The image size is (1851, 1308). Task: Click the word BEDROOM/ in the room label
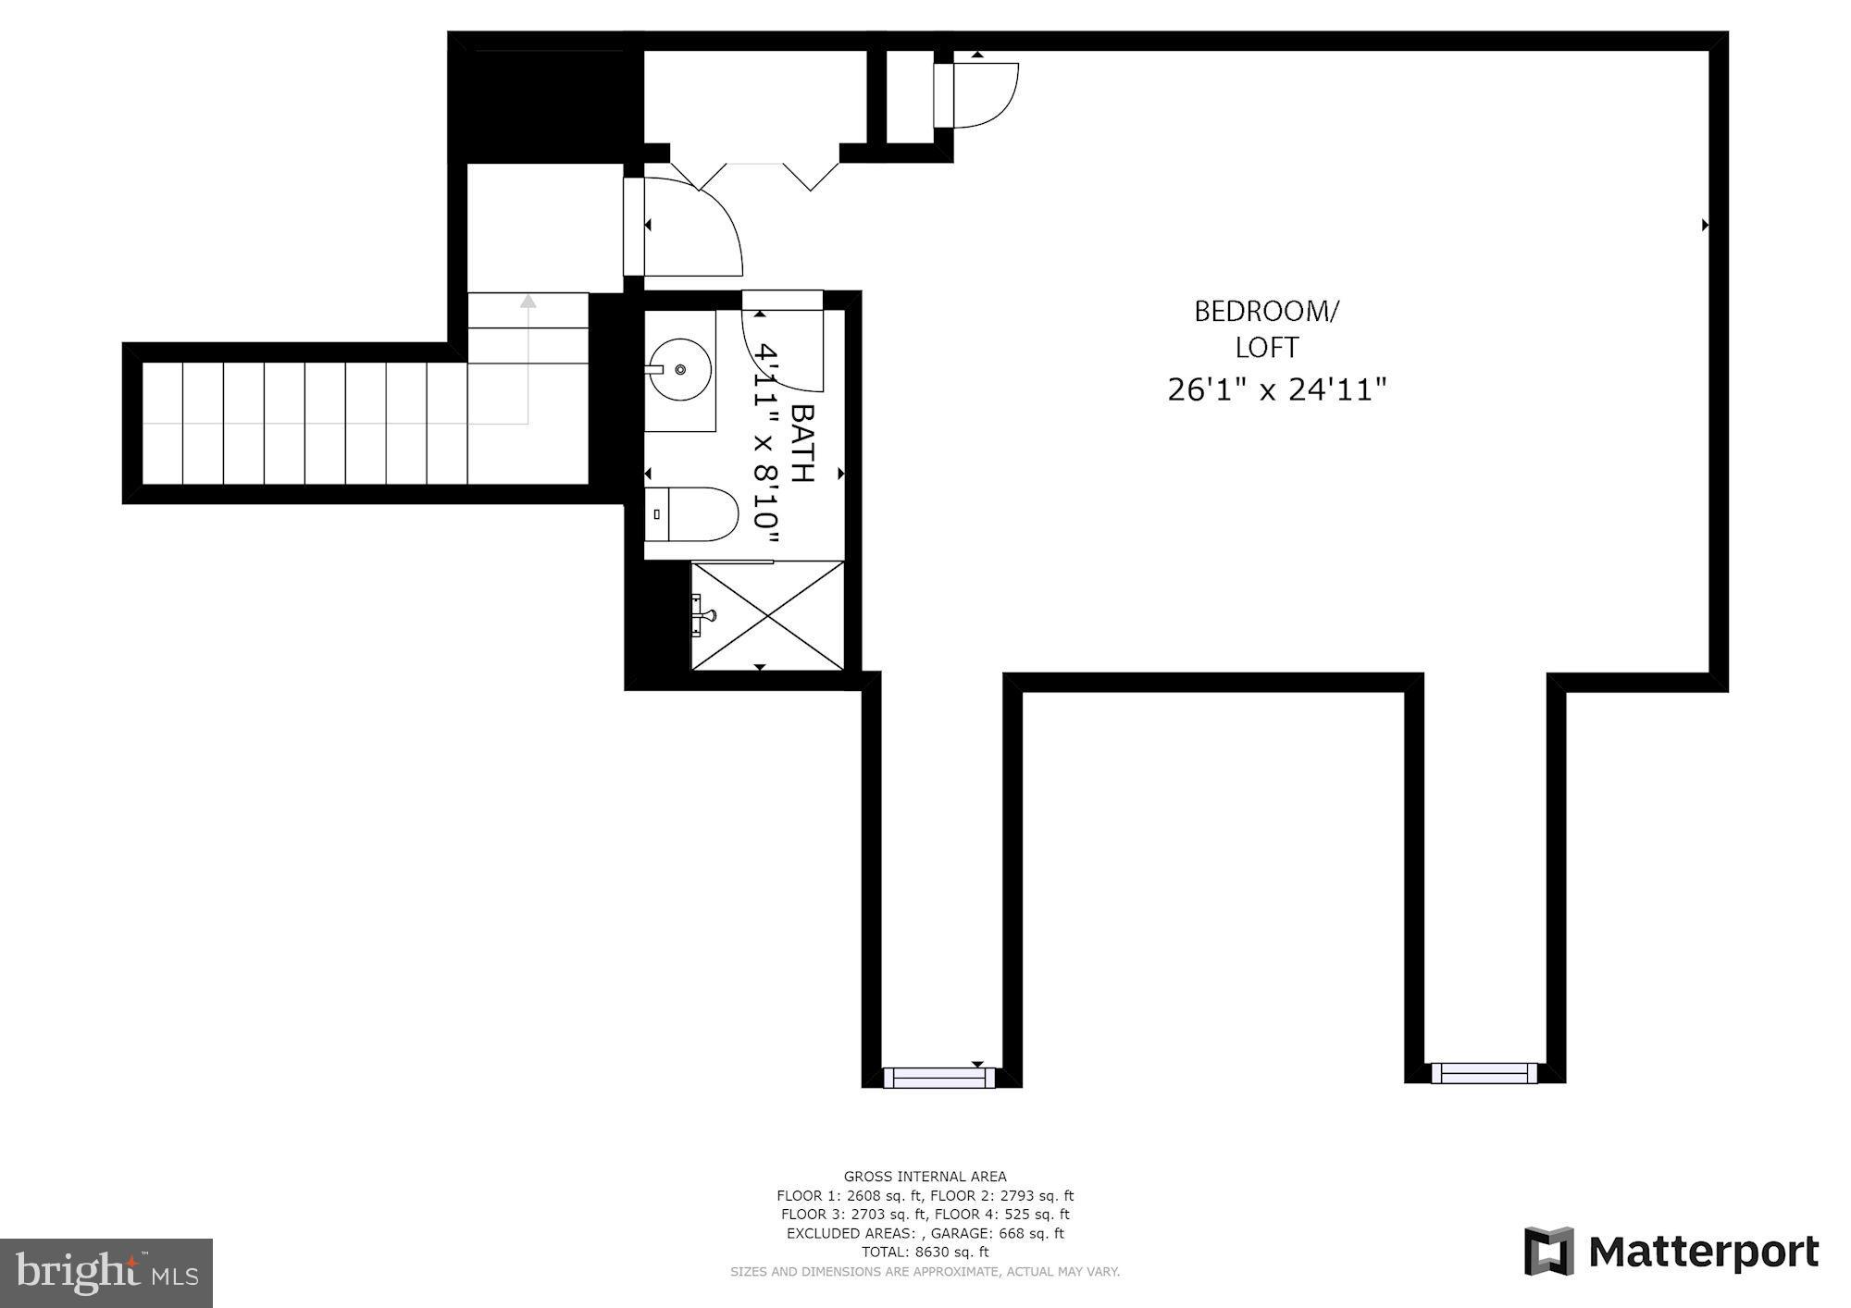1265,312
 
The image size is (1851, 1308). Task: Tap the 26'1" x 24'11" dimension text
1276,389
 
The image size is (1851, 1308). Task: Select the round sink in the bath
680,369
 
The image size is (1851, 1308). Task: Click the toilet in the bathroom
692,514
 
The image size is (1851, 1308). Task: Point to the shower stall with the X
768,615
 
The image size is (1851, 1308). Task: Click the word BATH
801,443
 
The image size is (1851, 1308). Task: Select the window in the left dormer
938,1078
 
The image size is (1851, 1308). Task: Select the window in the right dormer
1485,1073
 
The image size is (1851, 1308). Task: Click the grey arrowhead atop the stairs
528,301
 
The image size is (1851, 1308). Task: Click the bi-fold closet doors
754,173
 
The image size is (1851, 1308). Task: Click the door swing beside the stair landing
694,227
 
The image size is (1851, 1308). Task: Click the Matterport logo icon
1549,1252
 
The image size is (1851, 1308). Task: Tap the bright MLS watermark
106,1273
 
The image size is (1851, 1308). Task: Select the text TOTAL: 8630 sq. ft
925,1252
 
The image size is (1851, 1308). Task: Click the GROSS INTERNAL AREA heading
925,1177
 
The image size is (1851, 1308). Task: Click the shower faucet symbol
703,614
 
